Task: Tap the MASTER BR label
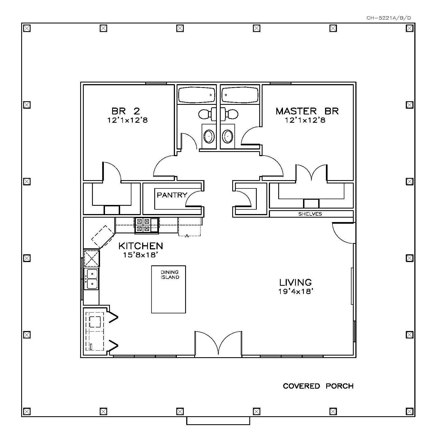click(x=307, y=111)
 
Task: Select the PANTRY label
click(x=172, y=195)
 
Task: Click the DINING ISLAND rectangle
click(x=169, y=289)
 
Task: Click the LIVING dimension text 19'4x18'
click(x=296, y=291)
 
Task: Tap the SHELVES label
click(x=310, y=214)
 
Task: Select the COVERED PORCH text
click(x=318, y=386)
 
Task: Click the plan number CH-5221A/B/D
click(x=388, y=18)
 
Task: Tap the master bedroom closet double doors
click(x=311, y=173)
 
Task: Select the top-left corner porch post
click(x=27, y=28)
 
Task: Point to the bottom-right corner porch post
click(x=410, y=412)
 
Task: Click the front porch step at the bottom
click(x=218, y=421)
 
